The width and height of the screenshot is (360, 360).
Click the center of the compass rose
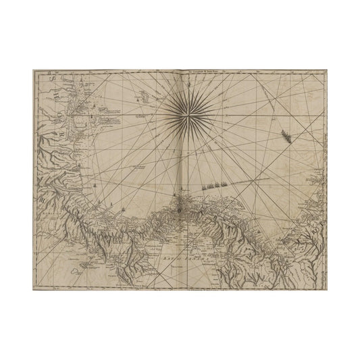point(190,112)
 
